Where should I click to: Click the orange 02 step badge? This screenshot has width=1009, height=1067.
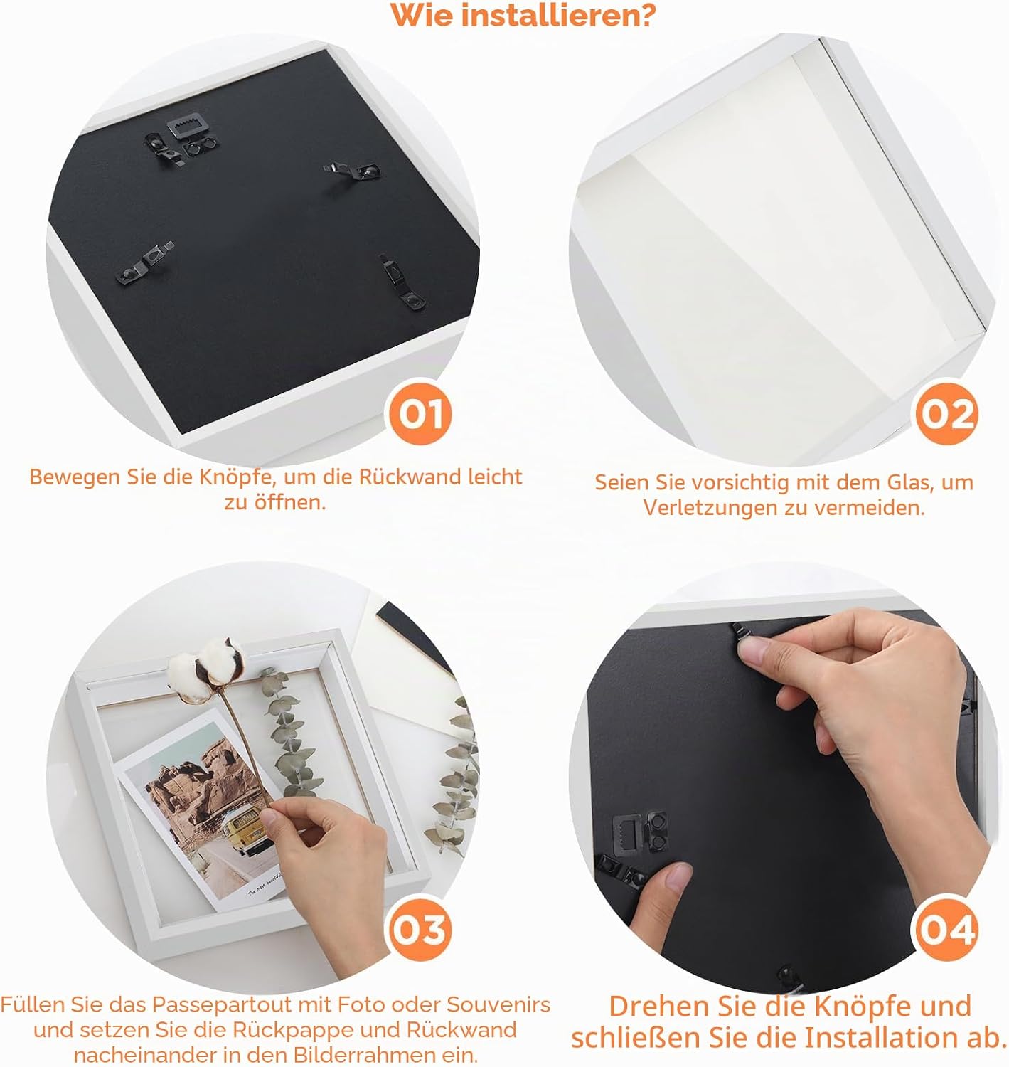tap(946, 414)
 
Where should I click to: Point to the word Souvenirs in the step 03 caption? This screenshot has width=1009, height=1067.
tap(498, 1004)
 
